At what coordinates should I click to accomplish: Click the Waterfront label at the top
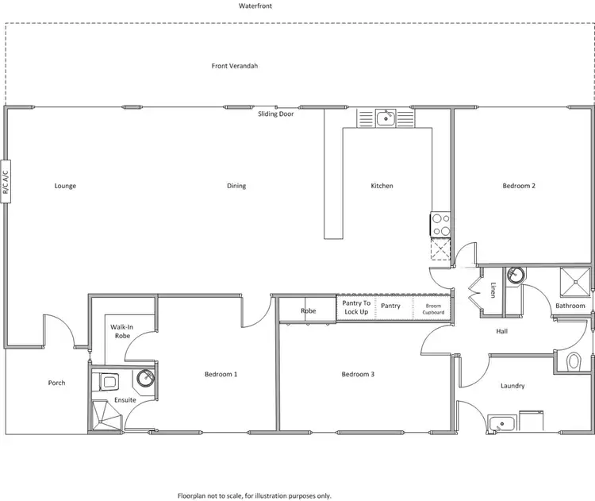(x=252, y=6)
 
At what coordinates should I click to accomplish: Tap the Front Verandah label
(x=234, y=66)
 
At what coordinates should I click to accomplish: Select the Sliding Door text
(x=276, y=114)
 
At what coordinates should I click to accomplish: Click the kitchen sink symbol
(x=386, y=119)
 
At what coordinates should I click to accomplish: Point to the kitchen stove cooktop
(x=440, y=224)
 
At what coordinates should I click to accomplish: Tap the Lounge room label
(x=65, y=186)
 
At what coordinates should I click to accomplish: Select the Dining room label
(x=236, y=186)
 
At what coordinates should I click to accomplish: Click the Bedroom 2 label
(x=519, y=186)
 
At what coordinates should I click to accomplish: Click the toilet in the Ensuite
(x=106, y=382)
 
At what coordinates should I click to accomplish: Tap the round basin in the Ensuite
(x=145, y=377)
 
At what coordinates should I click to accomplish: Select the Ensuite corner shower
(x=104, y=415)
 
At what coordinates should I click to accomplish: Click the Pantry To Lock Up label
(x=356, y=307)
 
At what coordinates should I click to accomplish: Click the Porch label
(x=56, y=383)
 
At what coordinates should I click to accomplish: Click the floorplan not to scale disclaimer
(x=254, y=495)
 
